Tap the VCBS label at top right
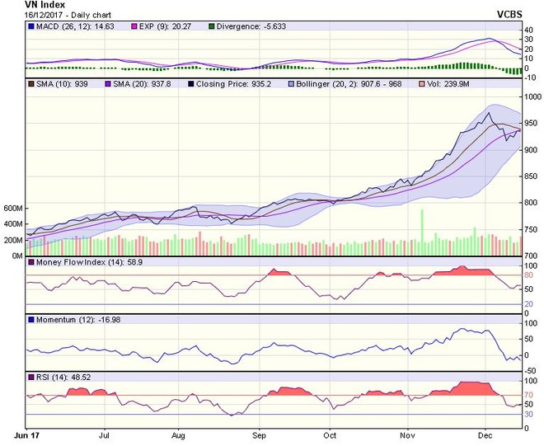coord(514,15)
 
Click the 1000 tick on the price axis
coord(534,96)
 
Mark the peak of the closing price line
coord(489,113)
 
